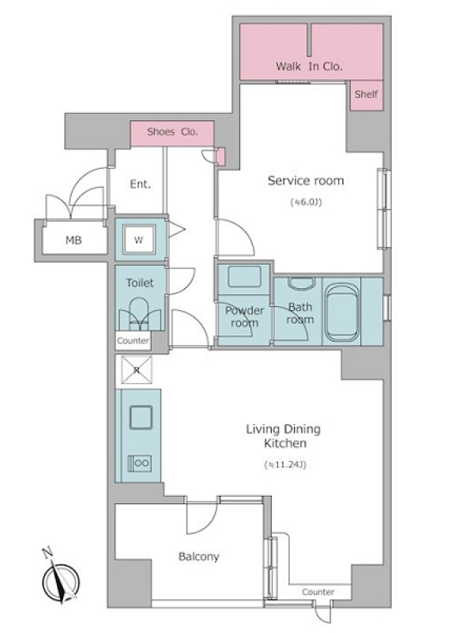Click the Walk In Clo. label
pyautogui.click(x=309, y=66)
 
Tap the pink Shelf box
pyautogui.click(x=366, y=95)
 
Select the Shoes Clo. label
pyautogui.click(x=172, y=131)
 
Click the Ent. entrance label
pyautogui.click(x=140, y=184)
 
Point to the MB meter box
pyautogui.click(x=74, y=240)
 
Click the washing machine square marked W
pyautogui.click(x=139, y=240)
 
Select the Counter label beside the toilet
pyautogui.click(x=133, y=341)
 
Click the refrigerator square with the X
pyautogui.click(x=137, y=370)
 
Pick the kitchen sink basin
pyautogui.click(x=141, y=418)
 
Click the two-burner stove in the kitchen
pyautogui.click(x=140, y=463)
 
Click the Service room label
pyautogui.click(x=306, y=180)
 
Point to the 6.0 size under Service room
pyautogui.click(x=307, y=203)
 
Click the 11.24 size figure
pyautogui.click(x=285, y=464)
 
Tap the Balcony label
pyautogui.click(x=199, y=557)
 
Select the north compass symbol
pyautogui.click(x=60, y=578)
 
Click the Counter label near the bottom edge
pyautogui.click(x=318, y=592)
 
